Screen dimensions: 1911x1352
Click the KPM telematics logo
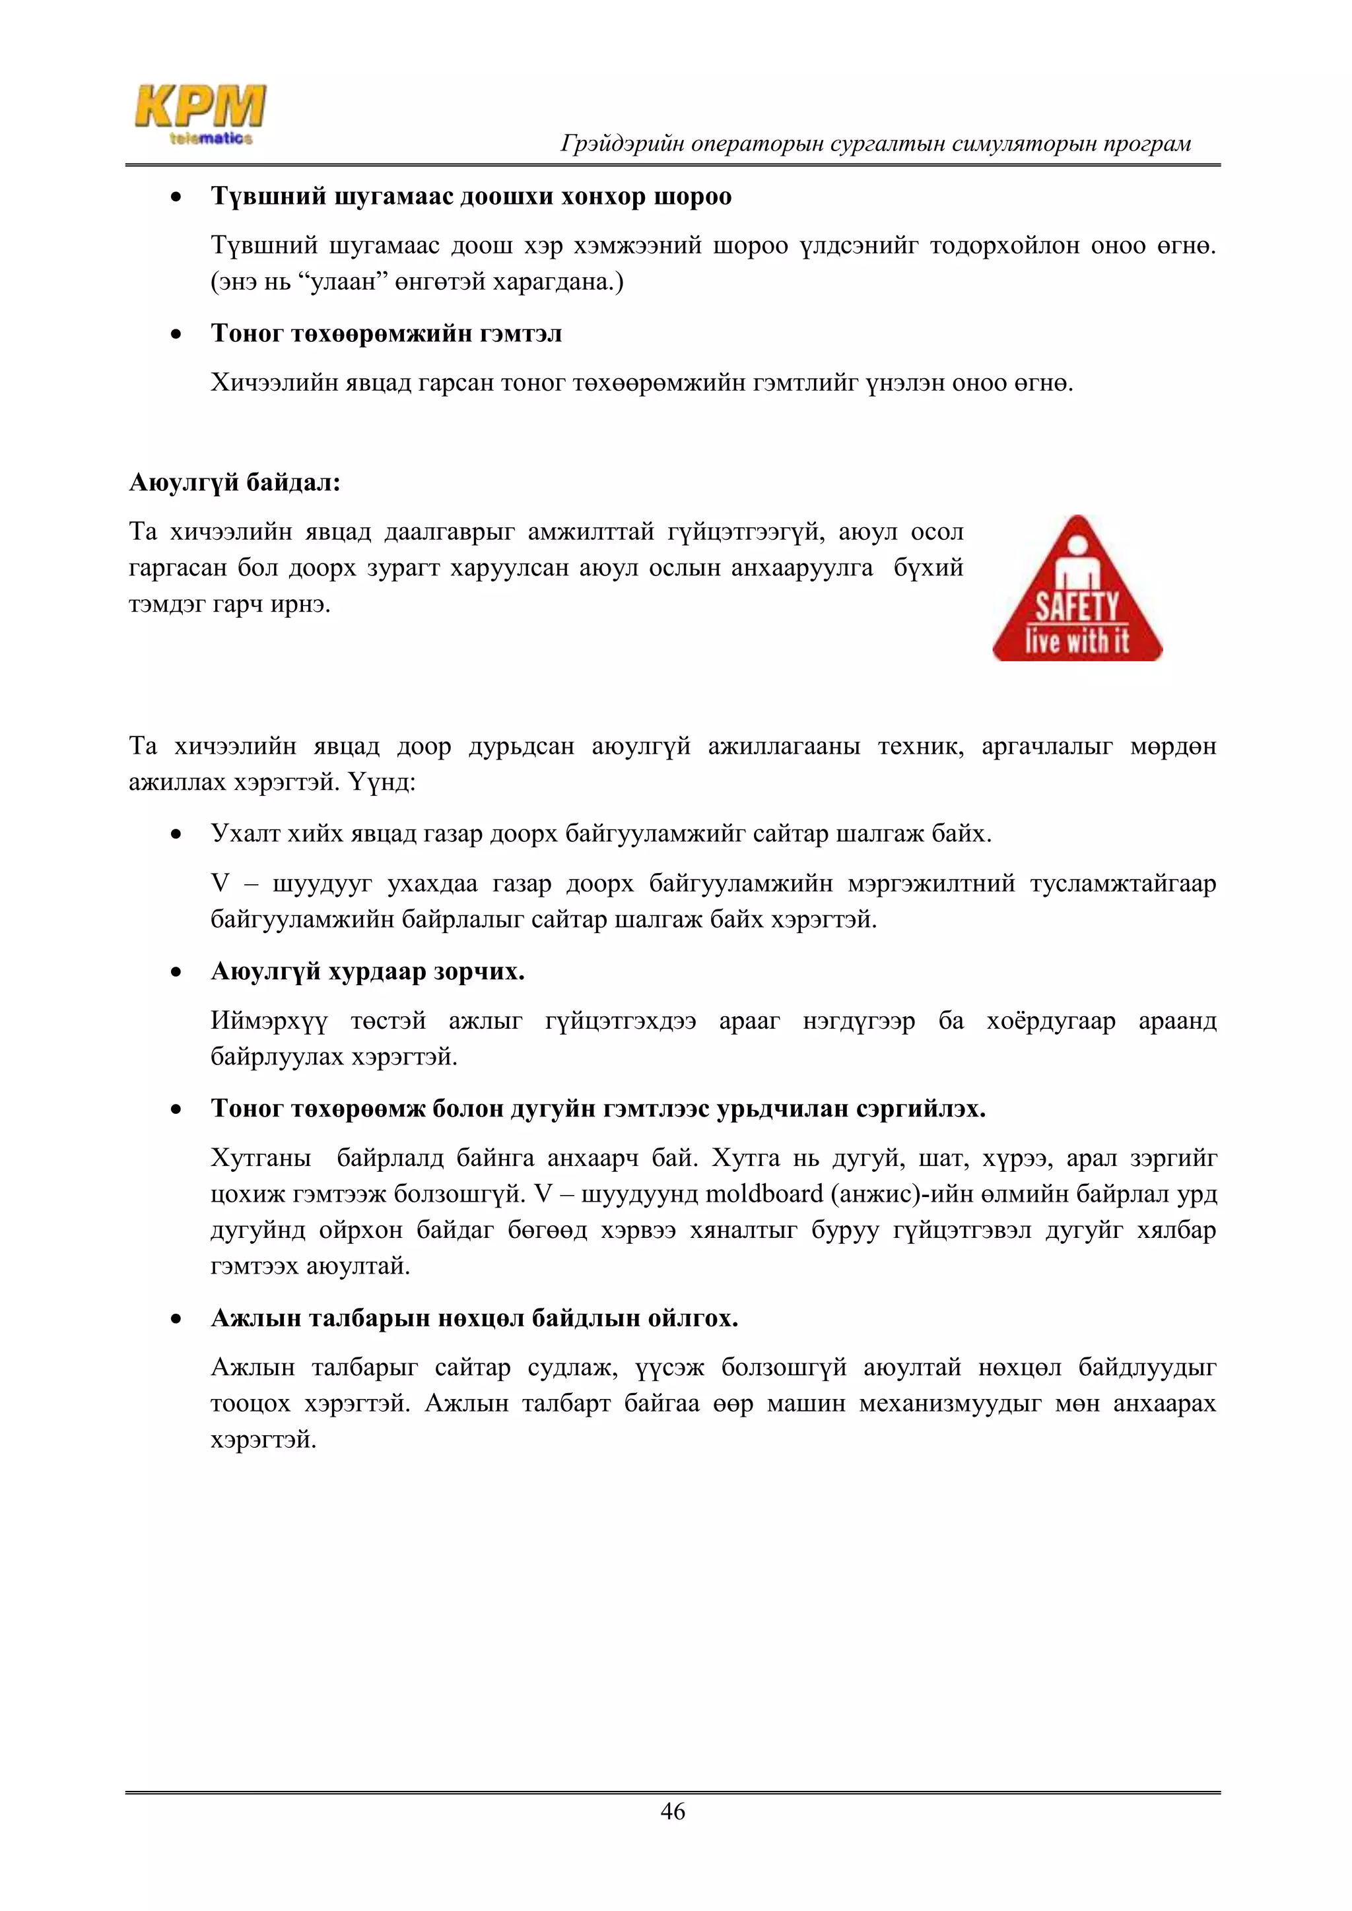tap(201, 115)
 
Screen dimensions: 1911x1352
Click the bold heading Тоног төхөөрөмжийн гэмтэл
tap(386, 333)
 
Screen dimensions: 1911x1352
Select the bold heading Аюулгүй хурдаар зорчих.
tap(367, 971)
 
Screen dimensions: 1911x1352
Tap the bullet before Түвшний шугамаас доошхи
tap(176, 198)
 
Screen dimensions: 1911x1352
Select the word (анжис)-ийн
tap(889, 1194)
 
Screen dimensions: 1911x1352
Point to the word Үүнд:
tap(382, 783)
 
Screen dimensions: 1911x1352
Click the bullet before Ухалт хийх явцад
tap(176, 835)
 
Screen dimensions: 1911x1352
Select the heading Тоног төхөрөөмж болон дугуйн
tap(597, 1109)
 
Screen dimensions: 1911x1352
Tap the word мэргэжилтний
tap(931, 883)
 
